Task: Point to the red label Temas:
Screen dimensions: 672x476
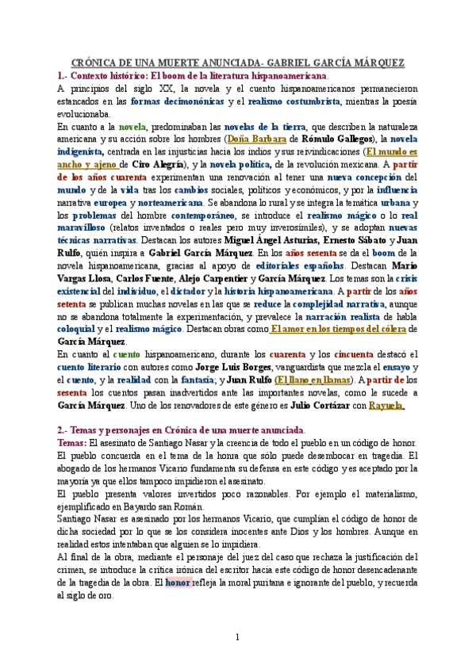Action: tap(73, 443)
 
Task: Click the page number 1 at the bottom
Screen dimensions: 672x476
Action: tap(237, 638)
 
